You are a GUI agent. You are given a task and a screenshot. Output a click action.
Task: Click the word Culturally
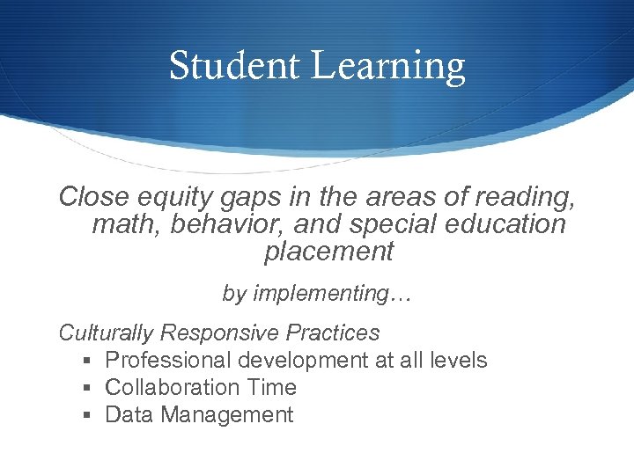point(106,333)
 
